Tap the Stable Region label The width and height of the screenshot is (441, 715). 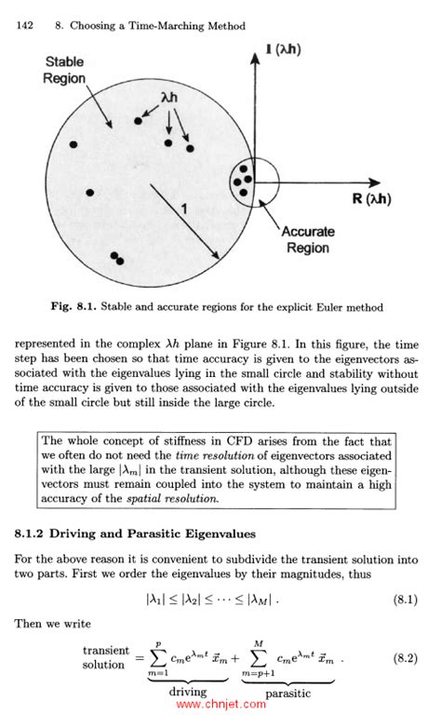[x=64, y=70]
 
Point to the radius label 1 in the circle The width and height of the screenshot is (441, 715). [x=184, y=212]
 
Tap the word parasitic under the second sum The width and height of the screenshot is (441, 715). [x=287, y=693]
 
